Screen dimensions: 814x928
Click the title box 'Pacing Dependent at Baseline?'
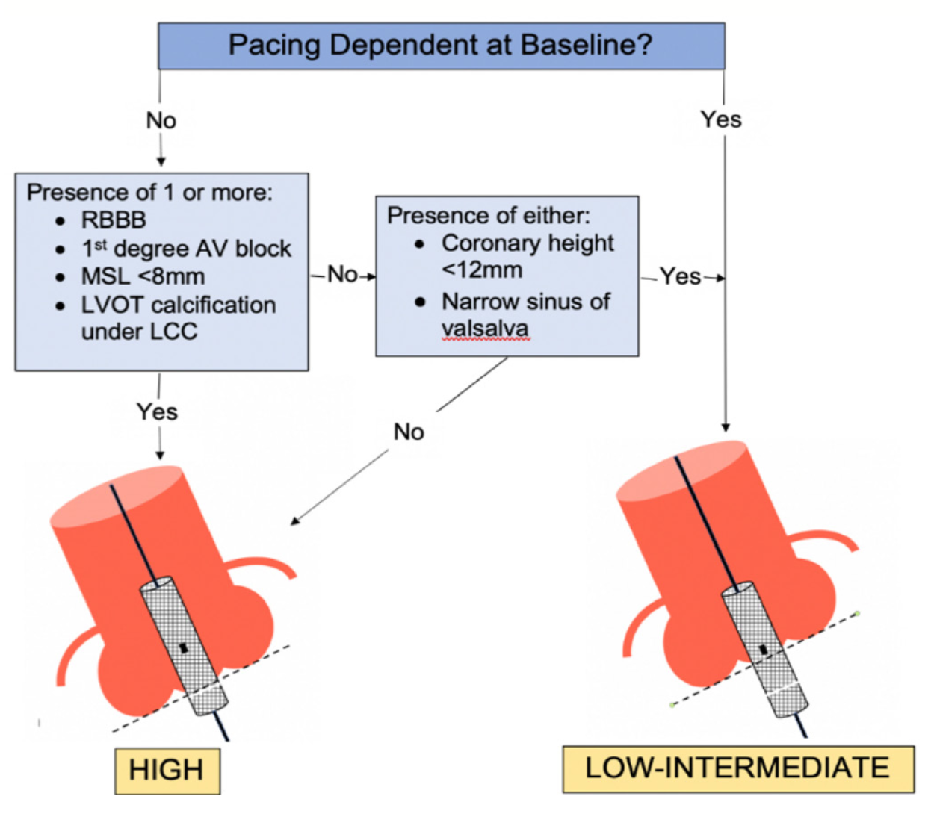tap(441, 46)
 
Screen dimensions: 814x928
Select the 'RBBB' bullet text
tap(114, 220)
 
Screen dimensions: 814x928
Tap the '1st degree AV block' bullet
tap(186, 249)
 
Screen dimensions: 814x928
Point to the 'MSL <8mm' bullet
tap(143, 277)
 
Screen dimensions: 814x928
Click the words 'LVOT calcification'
tap(179, 305)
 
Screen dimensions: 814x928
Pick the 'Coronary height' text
tap(528, 243)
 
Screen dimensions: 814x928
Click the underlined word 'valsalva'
tap(485, 329)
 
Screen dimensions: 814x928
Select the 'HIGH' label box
tap(167, 770)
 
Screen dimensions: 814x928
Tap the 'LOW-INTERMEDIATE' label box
tap(737, 768)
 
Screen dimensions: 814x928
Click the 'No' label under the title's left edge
tap(161, 120)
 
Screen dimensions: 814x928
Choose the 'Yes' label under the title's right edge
tap(721, 119)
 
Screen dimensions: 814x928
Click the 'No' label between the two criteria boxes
tap(342, 275)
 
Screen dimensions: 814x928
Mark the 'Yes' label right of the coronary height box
tap(680, 277)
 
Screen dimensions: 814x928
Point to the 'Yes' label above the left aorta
tap(157, 411)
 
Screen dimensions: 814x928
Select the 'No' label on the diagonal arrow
tap(409, 432)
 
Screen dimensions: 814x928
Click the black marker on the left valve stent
tap(184, 647)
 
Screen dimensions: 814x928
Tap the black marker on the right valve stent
tap(763, 650)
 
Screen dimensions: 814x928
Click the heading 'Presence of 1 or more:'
tap(149, 193)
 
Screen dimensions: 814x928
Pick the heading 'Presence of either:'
tap(488, 216)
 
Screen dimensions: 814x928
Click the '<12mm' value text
tap(482, 270)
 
